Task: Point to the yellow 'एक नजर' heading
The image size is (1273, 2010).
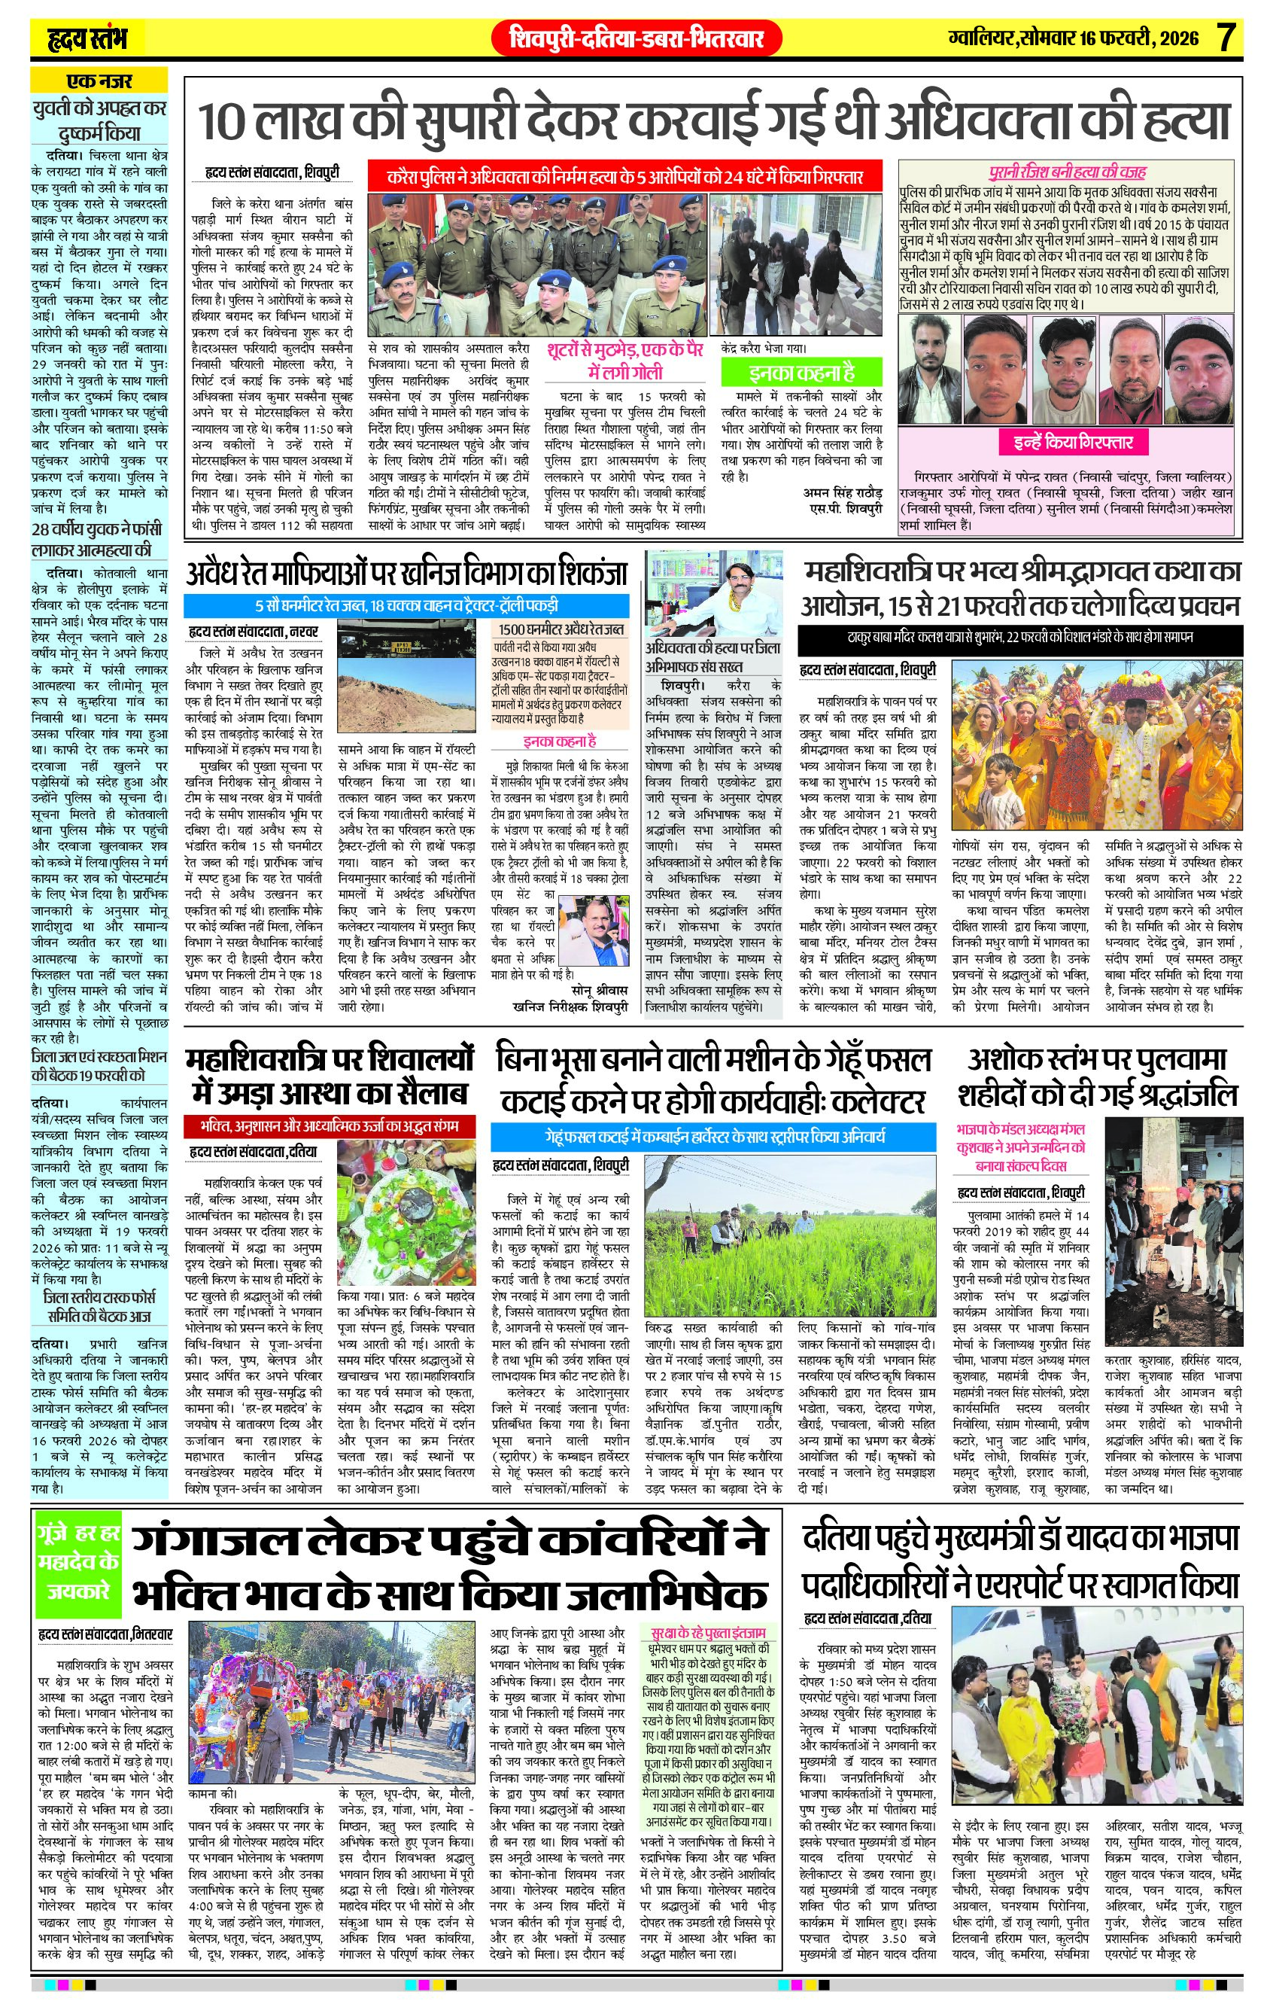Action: click(99, 82)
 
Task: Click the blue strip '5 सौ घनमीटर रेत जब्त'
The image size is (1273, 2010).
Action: click(406, 605)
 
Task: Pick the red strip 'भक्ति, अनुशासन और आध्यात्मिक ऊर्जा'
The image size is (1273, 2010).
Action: click(322, 1126)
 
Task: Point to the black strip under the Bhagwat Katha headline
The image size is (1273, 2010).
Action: click(1019, 638)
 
